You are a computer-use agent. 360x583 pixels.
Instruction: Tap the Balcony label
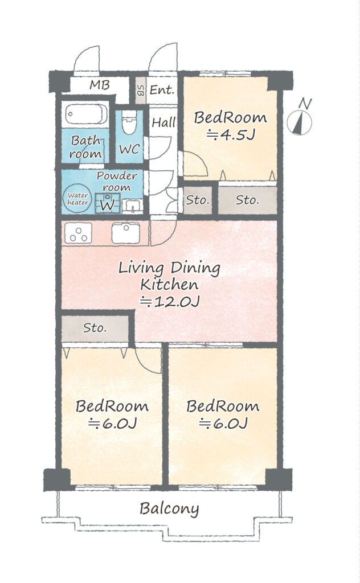[169, 508]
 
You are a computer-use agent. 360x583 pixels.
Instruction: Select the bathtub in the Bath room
[86, 114]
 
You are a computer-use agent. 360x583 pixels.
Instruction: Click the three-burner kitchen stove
[78, 233]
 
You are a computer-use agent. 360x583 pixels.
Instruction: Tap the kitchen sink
[126, 233]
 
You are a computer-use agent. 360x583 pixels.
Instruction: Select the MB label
[100, 85]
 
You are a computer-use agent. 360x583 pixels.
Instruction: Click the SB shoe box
[140, 91]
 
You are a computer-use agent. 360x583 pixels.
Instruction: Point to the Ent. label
[162, 90]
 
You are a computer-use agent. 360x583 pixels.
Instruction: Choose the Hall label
[163, 122]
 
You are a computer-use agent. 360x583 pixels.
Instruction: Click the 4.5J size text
[231, 134]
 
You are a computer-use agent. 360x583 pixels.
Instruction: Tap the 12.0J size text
[170, 302]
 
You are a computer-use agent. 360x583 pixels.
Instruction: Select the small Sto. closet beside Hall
[198, 200]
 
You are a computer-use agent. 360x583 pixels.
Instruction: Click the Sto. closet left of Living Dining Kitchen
[95, 329]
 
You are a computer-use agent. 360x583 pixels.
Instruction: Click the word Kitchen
[169, 285]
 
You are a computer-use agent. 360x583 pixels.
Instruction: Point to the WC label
[129, 149]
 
